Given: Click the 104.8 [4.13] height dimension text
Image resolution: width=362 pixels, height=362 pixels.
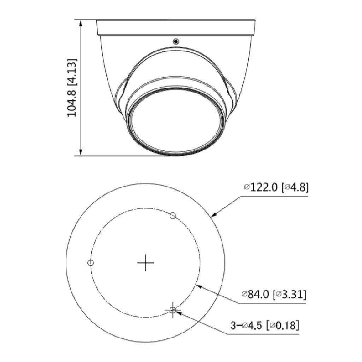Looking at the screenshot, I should point(72,88).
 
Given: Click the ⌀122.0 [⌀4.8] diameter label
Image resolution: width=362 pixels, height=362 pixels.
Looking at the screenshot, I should point(276,187).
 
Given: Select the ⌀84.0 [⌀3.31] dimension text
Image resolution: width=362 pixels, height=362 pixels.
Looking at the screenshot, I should point(274,294).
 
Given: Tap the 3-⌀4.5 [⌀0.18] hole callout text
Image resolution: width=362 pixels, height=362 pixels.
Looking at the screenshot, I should point(265,325).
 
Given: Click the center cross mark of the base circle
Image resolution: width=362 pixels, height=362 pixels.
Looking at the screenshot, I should point(145,263).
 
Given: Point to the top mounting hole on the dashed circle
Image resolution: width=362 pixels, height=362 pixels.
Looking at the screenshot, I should point(173,215).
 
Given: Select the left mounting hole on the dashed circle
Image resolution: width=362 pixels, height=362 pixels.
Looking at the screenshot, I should point(91,263).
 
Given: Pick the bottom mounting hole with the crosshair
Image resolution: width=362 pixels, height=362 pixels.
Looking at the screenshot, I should point(173,310).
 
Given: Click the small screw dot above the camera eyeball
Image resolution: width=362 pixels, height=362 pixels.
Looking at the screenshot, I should point(175,41).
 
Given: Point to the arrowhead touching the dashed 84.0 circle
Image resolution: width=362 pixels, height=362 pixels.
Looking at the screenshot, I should point(198,286).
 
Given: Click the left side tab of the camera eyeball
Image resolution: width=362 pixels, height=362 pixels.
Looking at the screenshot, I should point(120,90).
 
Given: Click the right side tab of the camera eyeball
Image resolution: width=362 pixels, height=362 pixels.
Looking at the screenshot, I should point(232,90).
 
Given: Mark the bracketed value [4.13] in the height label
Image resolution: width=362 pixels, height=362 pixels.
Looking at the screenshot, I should point(72,72).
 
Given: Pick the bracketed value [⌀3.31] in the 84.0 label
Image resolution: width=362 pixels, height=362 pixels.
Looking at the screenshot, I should point(290,294).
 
